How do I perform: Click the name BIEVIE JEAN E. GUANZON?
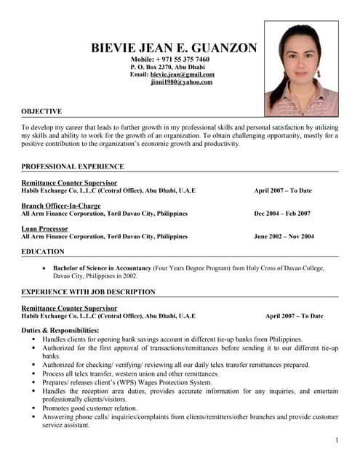174,48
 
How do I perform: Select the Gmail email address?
183,74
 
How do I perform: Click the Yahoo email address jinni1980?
182,82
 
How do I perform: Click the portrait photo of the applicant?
301,68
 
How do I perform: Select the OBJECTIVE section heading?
41,111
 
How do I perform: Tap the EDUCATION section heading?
43,251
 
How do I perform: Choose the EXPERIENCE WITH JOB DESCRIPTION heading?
88,291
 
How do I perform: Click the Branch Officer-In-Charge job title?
61,206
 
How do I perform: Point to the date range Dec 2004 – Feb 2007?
282,214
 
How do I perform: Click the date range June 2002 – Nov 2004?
284,236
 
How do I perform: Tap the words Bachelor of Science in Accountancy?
102,268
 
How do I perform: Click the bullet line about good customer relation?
90,408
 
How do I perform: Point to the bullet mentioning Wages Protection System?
127,382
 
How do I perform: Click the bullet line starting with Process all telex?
132,373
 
